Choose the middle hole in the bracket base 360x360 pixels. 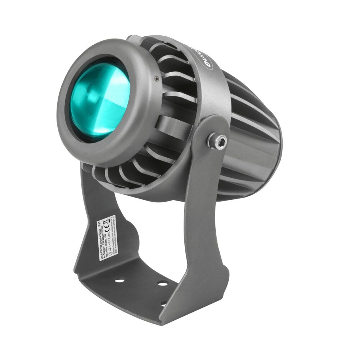[163, 284]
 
